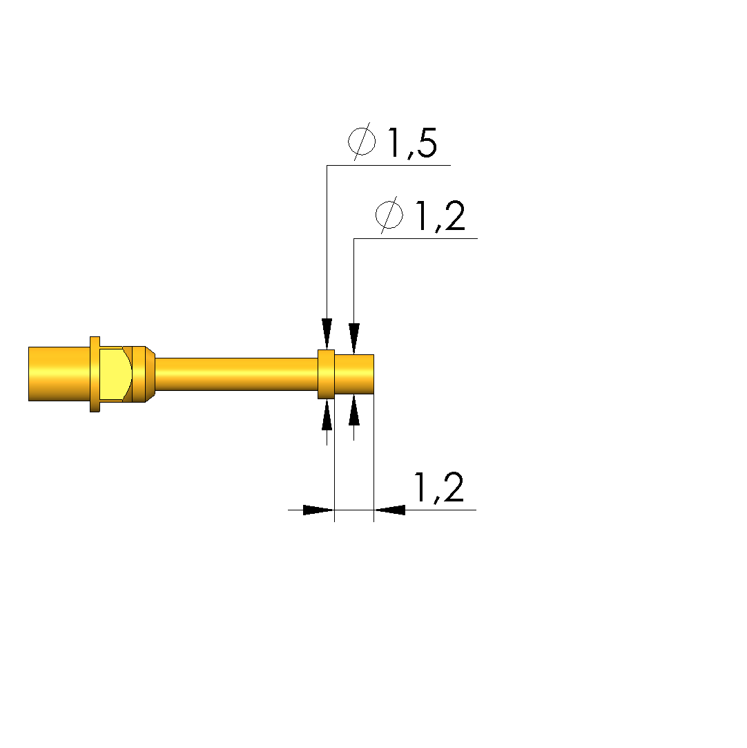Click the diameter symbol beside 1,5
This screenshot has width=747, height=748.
(362, 141)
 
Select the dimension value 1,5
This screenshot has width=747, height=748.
(413, 143)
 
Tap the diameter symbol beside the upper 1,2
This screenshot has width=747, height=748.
(389, 215)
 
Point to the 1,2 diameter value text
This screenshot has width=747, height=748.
(440, 216)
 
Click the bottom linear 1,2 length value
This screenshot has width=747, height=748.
(439, 488)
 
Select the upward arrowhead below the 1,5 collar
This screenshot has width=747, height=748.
(327, 414)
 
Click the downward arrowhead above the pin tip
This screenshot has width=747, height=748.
(353, 338)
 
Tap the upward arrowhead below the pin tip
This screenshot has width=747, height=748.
(353, 410)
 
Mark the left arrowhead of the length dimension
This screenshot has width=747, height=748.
(318, 510)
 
